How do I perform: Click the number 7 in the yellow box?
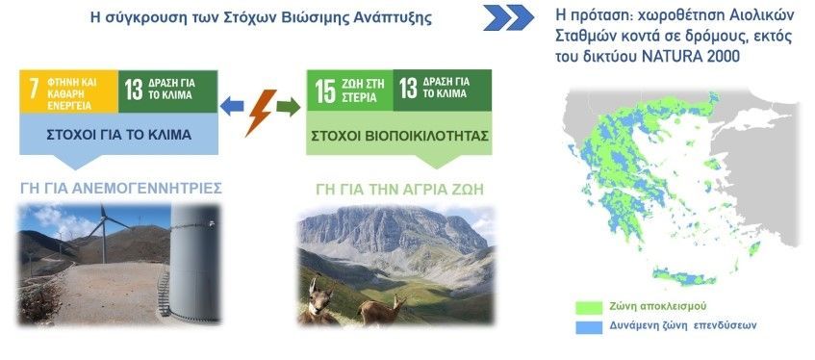(34, 90)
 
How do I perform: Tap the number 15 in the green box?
(325, 90)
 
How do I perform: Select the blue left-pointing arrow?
(231, 107)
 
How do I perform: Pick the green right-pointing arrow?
(289, 107)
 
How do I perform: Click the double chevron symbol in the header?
(508, 17)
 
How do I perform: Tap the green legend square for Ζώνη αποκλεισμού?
(589, 307)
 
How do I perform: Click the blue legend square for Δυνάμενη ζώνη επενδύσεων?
(589, 327)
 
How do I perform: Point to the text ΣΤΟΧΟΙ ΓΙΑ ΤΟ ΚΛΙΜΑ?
(119, 136)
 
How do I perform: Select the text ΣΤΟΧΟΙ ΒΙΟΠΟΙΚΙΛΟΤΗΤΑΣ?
(399, 136)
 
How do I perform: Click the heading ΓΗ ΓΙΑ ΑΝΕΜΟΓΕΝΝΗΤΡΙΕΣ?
(121, 188)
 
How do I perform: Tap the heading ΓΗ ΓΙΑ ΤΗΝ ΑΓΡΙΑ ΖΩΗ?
(399, 189)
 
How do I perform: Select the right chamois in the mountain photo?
(383, 310)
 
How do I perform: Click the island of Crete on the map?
(684, 276)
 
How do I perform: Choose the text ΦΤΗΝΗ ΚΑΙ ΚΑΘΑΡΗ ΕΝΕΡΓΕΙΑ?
(72, 93)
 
